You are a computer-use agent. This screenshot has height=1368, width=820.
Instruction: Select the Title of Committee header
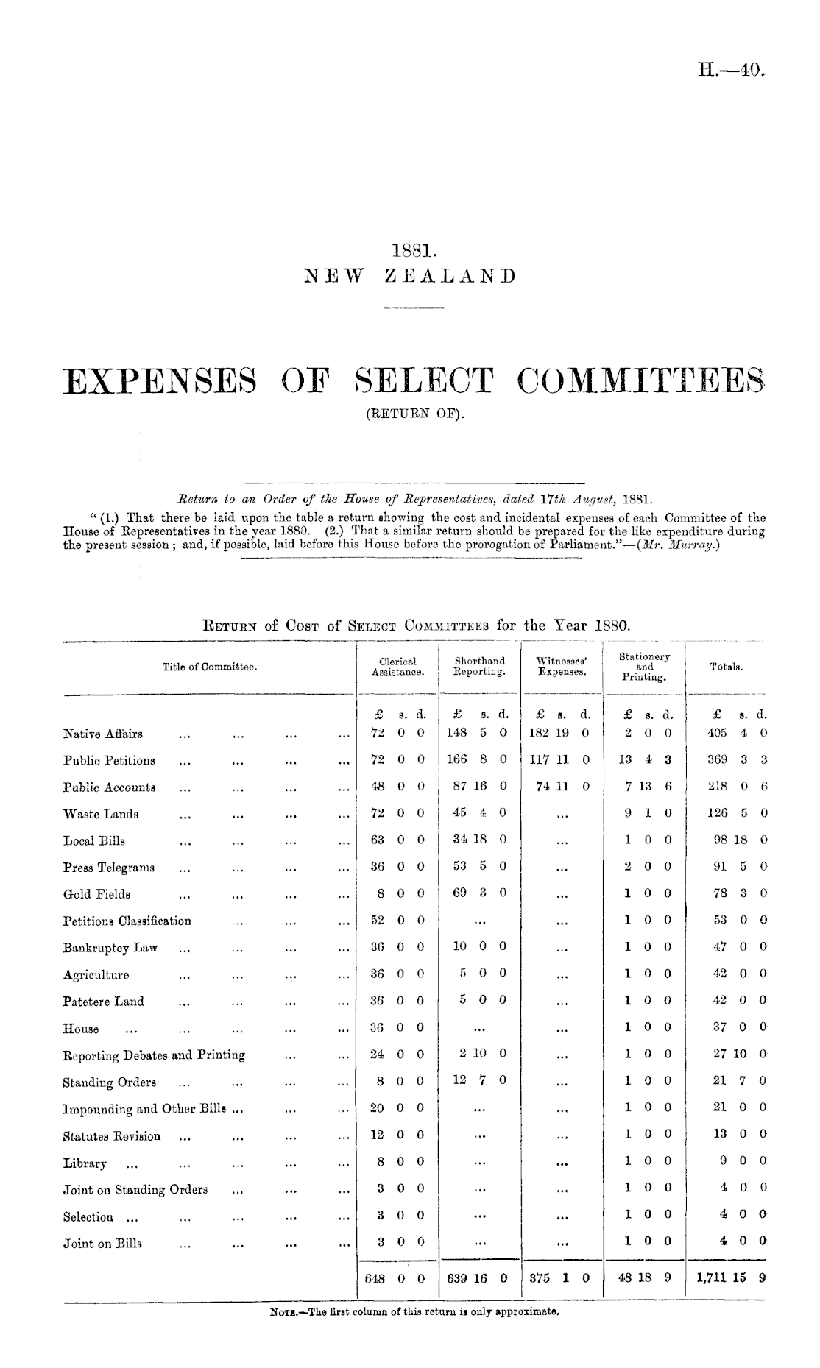(x=209, y=667)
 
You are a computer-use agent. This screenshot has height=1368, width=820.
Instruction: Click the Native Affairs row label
(x=103, y=734)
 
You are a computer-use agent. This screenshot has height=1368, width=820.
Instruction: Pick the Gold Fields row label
(x=97, y=895)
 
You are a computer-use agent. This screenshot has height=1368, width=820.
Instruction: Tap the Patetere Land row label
(x=104, y=1002)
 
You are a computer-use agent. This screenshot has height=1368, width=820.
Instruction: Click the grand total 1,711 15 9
(x=727, y=1277)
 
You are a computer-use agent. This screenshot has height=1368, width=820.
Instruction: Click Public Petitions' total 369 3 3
(x=738, y=760)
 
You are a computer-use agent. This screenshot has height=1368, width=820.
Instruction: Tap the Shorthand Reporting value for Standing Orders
(x=479, y=1081)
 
